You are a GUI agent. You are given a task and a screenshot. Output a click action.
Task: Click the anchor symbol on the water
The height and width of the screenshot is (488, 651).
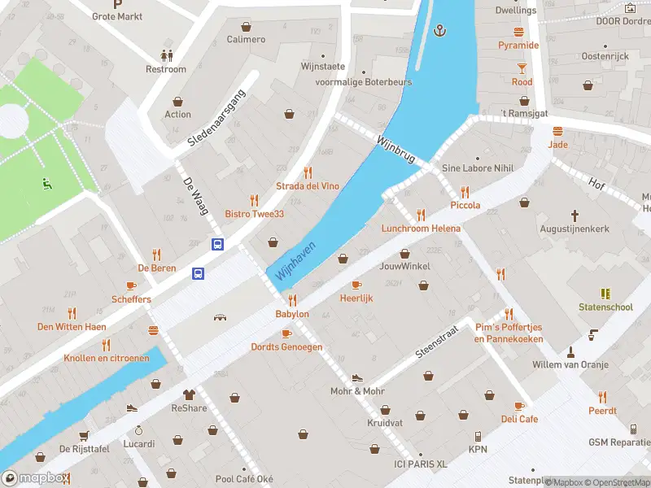coord(441,31)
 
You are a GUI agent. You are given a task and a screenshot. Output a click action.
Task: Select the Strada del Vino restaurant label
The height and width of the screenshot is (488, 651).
coord(307,186)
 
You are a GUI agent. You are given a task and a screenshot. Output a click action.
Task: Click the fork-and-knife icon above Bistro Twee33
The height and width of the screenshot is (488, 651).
coord(254,199)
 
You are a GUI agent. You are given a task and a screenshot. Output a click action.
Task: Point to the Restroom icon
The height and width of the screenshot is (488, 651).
coord(166,55)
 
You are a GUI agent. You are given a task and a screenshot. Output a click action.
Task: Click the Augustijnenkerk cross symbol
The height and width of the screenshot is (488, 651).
coord(575,216)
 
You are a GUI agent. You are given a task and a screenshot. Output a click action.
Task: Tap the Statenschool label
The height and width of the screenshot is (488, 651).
coord(605,307)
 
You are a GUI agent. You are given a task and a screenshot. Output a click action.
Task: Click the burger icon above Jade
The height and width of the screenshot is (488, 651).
coord(557,131)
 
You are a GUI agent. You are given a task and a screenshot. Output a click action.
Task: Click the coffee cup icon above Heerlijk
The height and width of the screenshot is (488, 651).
coord(356,285)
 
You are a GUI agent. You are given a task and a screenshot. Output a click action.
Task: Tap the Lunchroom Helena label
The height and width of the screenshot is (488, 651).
coord(421,229)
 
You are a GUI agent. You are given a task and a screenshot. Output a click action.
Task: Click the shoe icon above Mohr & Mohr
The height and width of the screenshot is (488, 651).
coord(356,378)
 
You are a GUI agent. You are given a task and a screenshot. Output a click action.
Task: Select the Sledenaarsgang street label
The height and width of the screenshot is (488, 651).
coord(216,124)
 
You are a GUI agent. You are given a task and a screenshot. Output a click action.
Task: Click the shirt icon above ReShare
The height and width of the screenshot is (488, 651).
coord(190,394)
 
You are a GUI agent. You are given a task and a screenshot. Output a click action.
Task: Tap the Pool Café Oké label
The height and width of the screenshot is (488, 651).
coord(244,479)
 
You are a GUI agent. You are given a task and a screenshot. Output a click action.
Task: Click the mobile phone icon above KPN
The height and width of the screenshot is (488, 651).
coord(478,436)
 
